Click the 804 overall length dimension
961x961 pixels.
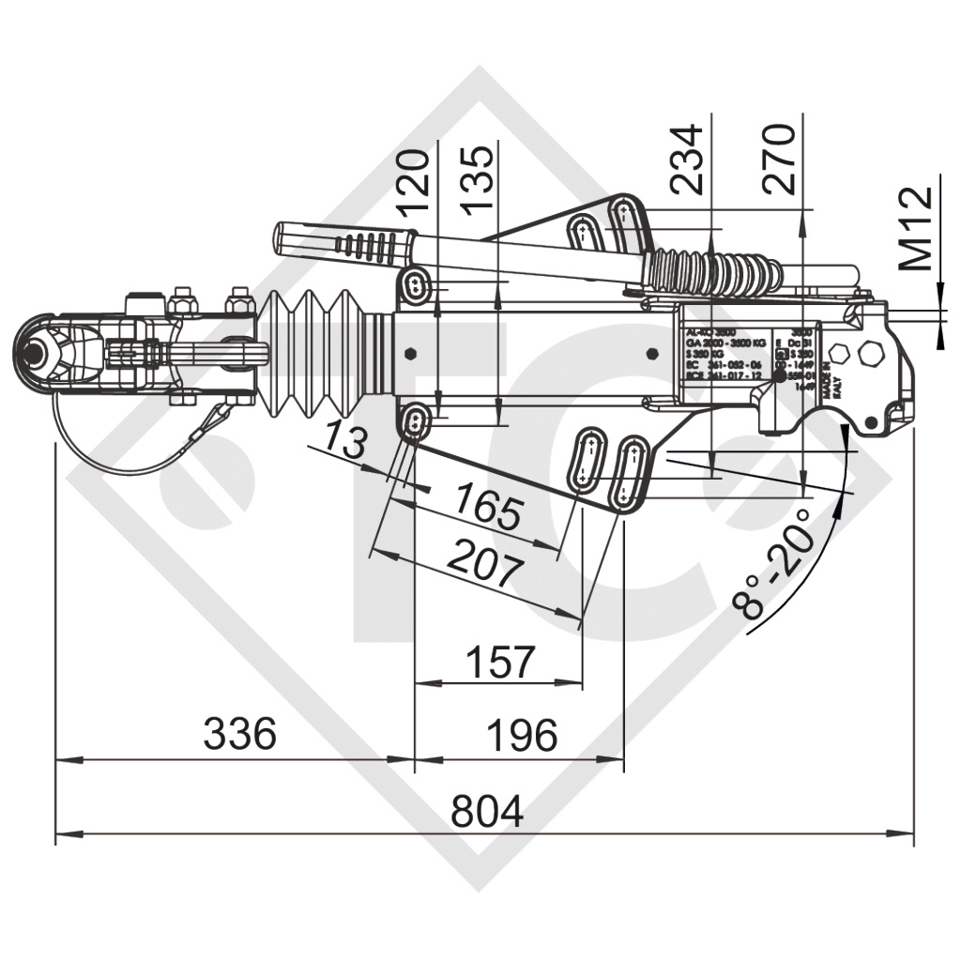487,811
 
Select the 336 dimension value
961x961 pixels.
239,734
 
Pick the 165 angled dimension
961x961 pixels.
487,508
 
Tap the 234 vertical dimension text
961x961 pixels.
689,159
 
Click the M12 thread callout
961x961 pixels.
914,228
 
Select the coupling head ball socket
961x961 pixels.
38,355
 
